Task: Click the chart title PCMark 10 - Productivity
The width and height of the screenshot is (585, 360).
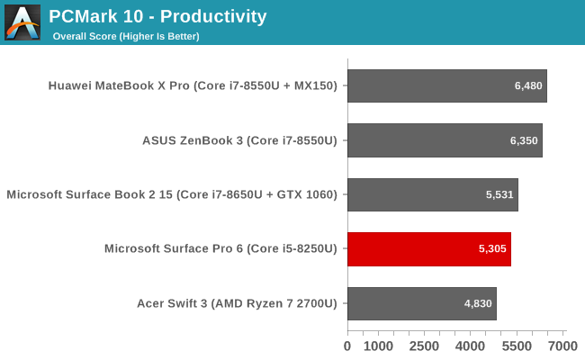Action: tap(157, 16)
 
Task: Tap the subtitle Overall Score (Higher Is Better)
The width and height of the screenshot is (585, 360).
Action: tap(126, 36)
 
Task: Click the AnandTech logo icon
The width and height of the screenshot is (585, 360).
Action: tap(22, 22)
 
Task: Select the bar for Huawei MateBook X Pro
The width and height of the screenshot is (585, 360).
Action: tap(447, 85)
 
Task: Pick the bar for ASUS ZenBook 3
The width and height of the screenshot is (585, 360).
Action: tap(445, 140)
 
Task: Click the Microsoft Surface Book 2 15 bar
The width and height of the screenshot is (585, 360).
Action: tap(433, 194)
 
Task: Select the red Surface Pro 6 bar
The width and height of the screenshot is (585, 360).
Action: tap(429, 249)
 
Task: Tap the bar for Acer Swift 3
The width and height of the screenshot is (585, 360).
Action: tap(422, 303)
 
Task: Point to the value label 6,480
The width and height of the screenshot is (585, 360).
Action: tap(528, 85)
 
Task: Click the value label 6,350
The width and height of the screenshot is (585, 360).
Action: tap(524, 140)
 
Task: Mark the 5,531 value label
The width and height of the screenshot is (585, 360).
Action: tap(499, 194)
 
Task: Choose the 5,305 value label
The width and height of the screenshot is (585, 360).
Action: tap(492, 248)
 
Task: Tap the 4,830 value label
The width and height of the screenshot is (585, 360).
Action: tap(478, 303)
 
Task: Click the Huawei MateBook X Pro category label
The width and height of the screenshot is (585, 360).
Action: tap(193, 85)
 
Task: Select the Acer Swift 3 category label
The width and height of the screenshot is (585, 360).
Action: tap(237, 303)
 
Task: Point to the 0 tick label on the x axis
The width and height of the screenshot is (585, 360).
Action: tap(347, 346)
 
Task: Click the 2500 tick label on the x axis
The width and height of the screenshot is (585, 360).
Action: tap(424, 346)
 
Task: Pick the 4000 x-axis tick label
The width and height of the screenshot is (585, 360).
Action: tap(470, 346)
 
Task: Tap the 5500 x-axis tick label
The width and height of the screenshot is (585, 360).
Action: tap(517, 346)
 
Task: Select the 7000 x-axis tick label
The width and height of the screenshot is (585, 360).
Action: tap(562, 346)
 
